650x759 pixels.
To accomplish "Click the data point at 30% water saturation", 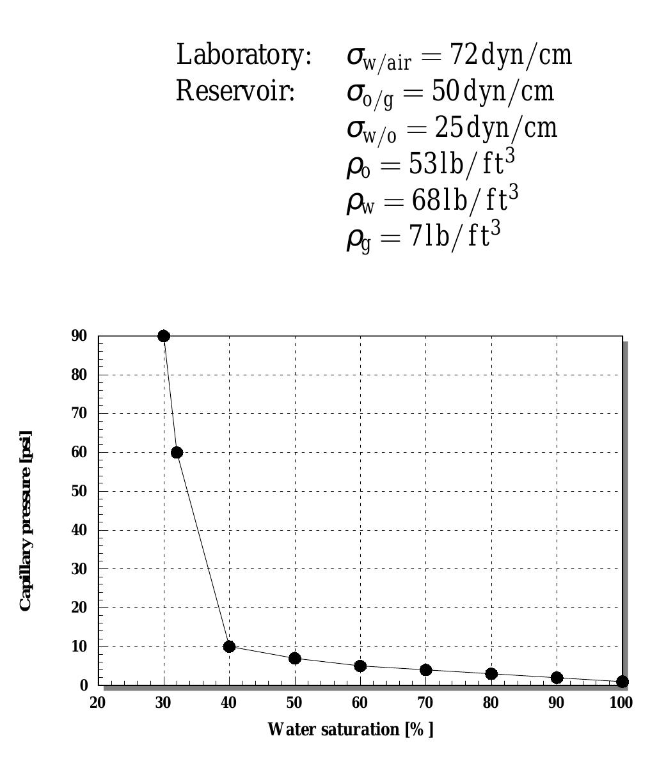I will [164, 336].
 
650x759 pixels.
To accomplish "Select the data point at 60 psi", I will [177, 453].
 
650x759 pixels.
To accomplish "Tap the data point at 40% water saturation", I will [229, 646].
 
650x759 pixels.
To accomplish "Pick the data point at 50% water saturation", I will [295, 658].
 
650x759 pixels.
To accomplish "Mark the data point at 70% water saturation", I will [426, 670].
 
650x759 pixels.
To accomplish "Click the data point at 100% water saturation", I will [622, 682].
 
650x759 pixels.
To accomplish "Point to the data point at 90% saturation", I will [557, 678].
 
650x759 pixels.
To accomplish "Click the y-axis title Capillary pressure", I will [26, 520].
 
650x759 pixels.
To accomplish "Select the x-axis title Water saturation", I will [350, 729].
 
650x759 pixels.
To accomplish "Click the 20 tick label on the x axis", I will [98, 703].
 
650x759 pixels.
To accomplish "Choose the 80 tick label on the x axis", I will [491, 703].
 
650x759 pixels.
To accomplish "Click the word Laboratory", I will [244, 56].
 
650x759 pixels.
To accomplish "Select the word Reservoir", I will [235, 92].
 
